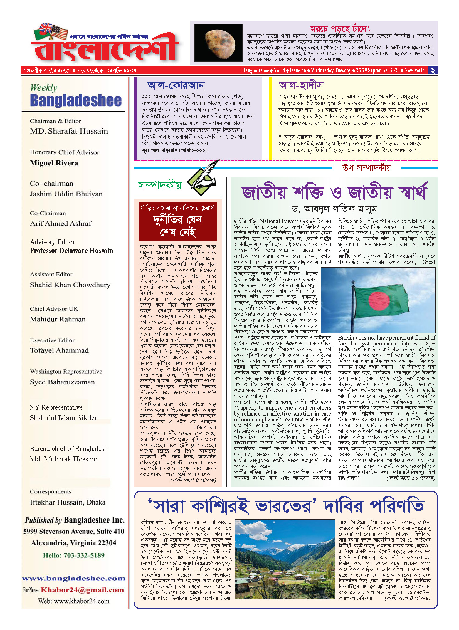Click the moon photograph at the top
(x=218, y=43)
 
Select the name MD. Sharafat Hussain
(x=69, y=131)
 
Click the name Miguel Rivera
(x=54, y=163)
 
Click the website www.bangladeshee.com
(x=74, y=579)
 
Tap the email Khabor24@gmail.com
(x=82, y=590)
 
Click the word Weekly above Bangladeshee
(x=44, y=88)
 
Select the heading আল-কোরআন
(x=176, y=85)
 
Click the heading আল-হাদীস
(x=301, y=85)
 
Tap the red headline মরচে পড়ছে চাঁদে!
(x=340, y=29)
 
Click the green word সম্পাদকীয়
(x=160, y=185)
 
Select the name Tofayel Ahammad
(x=59, y=350)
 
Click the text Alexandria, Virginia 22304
(x=74, y=543)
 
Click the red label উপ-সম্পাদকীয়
(x=366, y=168)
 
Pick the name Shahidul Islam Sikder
(x=63, y=418)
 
